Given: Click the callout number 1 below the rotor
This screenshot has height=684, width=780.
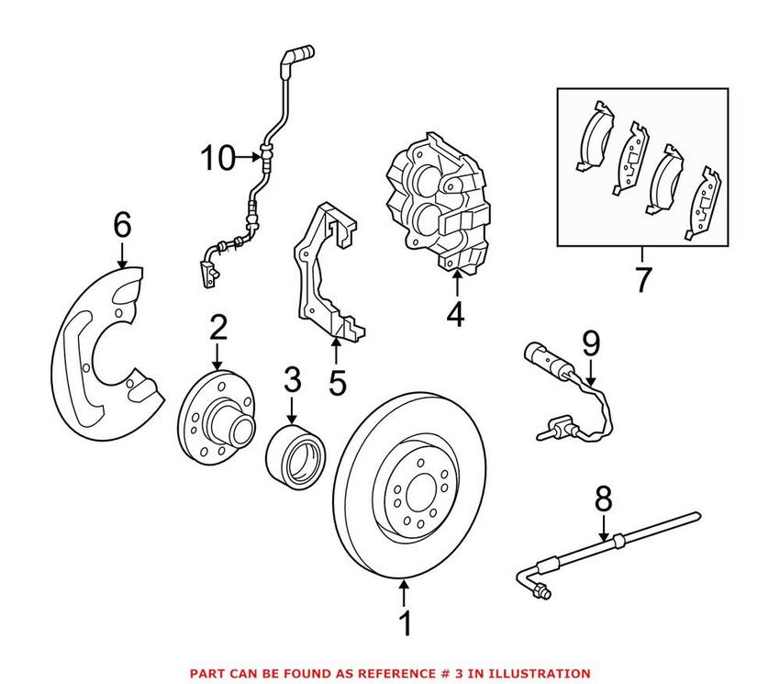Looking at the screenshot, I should pos(405,625).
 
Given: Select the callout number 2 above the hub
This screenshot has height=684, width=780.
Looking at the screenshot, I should pos(217,327).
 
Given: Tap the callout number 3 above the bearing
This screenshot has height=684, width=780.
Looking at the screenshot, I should pos(291,379).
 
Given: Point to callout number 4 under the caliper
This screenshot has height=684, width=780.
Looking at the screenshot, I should pos(456,315).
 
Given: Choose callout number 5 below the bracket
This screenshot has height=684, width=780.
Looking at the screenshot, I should pos(338,381).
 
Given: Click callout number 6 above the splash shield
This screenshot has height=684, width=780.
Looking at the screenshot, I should pos(122,224).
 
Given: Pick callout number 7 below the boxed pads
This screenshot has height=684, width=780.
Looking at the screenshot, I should pos(642,279).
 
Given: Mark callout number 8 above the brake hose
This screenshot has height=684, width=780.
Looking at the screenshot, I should pos(602,500).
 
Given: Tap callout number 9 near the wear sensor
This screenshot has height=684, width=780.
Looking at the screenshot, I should pos(590,344).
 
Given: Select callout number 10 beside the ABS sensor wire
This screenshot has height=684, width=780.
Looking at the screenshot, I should pos(219,159).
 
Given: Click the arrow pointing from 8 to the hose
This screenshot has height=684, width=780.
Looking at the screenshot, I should pos(604,530).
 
